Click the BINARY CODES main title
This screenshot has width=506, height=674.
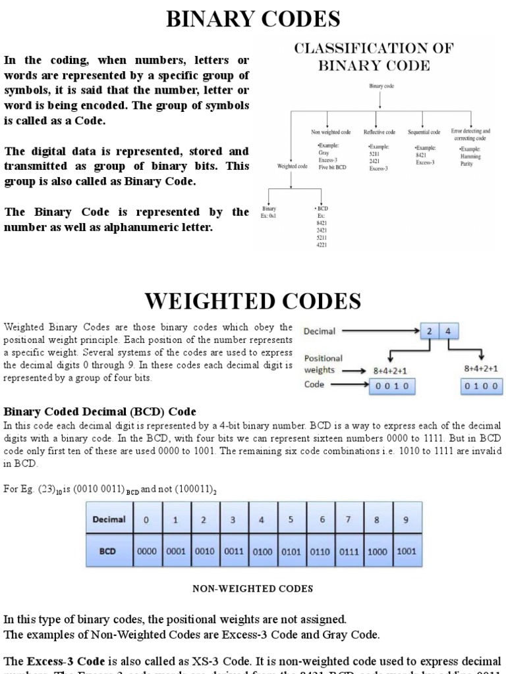pos(253,19)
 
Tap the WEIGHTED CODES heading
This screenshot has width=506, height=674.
pos(253,301)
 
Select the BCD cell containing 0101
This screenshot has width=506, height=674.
pos(291,551)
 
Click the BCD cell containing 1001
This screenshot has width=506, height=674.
pos(407,551)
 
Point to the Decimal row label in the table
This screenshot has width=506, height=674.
pos(109,519)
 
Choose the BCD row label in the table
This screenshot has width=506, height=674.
pos(109,551)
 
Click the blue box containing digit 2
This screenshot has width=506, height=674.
pos(430,332)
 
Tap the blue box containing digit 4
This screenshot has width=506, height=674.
pos(449,332)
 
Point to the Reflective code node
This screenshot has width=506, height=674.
pos(380,132)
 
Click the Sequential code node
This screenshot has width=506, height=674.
pos(424,132)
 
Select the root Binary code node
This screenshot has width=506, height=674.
pos(381,86)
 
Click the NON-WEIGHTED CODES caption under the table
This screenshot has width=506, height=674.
pos(253,588)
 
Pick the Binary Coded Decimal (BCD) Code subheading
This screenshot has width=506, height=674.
pos(100,411)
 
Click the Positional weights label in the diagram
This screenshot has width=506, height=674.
pos(323,364)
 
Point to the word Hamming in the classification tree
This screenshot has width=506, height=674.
pos(471,157)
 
